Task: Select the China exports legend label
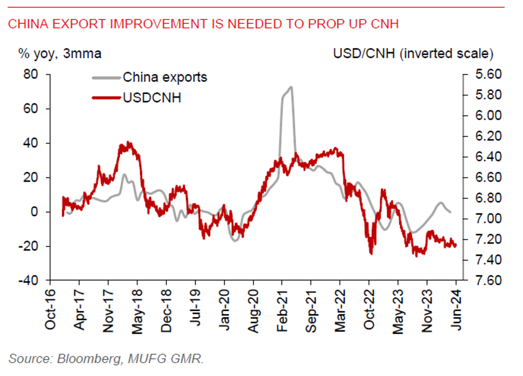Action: [165, 77]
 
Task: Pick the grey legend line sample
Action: [106, 78]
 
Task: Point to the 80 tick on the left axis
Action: [32, 75]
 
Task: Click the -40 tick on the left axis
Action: [29, 281]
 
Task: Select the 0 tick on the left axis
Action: [36, 212]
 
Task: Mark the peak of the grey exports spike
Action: [291, 87]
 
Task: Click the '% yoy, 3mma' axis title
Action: [60, 53]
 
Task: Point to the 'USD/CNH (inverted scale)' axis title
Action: [413, 53]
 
